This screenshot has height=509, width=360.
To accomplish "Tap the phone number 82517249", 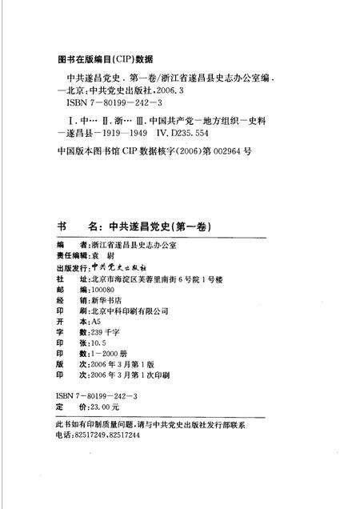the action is (93, 435).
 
